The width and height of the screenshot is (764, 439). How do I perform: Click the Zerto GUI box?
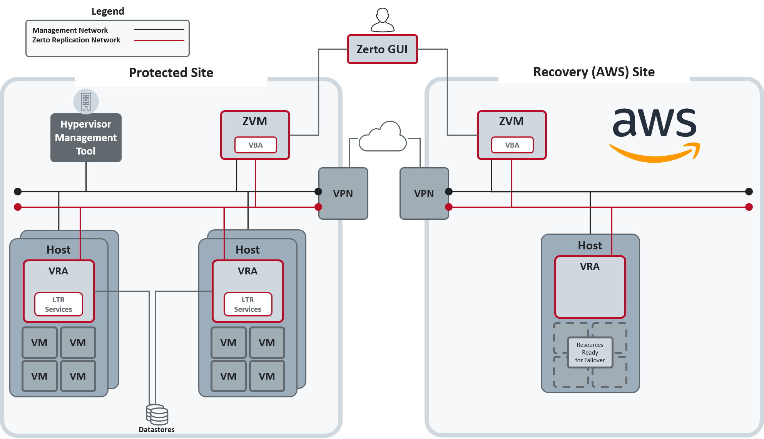click(x=382, y=49)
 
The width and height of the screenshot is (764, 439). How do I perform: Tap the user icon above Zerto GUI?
click(x=383, y=20)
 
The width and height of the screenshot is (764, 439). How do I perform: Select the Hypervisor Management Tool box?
click(x=86, y=138)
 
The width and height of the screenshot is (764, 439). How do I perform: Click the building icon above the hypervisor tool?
click(x=86, y=102)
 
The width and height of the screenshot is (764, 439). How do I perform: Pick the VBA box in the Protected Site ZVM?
click(x=256, y=145)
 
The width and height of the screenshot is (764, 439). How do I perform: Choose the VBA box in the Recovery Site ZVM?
click(x=512, y=145)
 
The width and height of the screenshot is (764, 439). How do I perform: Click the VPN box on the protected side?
click(x=343, y=193)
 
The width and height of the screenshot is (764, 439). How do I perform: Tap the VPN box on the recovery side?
click(x=424, y=193)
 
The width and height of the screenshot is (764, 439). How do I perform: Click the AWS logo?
click(x=655, y=135)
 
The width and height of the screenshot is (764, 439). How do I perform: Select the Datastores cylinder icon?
click(x=157, y=415)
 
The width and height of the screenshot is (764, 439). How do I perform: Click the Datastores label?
click(x=157, y=429)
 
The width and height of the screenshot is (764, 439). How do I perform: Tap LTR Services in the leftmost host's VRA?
click(x=59, y=304)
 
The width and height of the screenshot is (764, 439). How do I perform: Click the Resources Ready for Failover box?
click(x=590, y=352)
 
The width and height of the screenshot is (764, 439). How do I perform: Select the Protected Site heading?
click(x=171, y=72)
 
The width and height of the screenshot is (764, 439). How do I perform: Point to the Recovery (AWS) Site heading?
click(x=594, y=72)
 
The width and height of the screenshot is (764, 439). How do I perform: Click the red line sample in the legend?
click(x=159, y=40)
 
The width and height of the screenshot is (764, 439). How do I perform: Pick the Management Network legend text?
click(x=70, y=30)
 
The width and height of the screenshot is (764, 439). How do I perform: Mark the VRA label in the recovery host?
click(x=590, y=266)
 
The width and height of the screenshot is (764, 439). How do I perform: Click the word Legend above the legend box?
click(x=108, y=11)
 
